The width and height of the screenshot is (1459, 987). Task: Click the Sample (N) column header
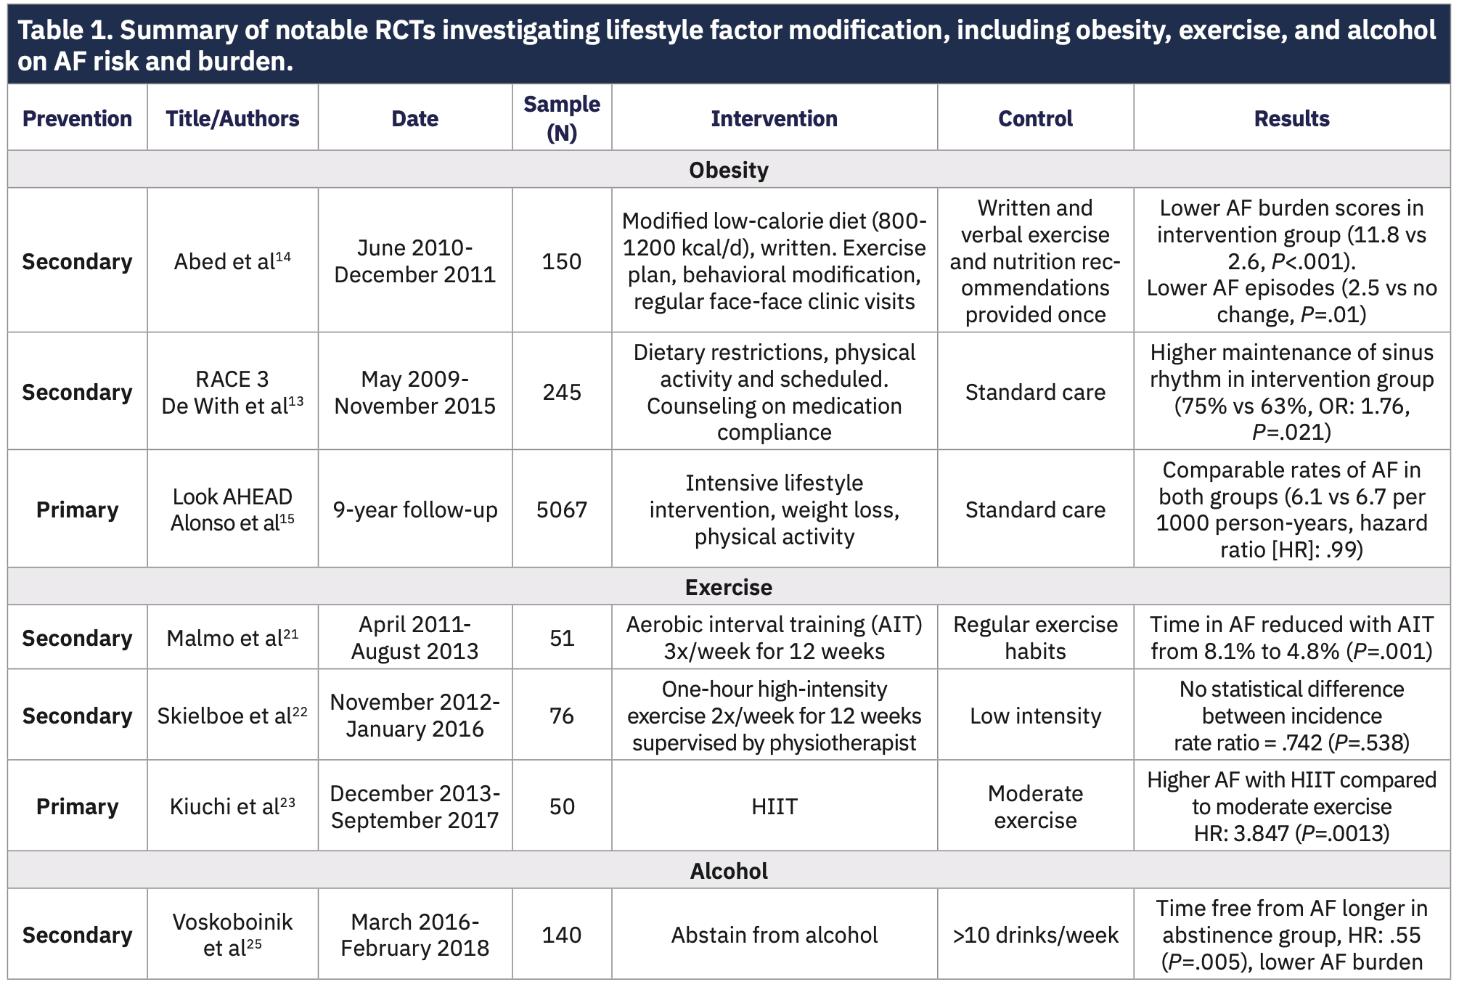click(561, 118)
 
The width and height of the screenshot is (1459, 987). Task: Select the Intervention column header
click(774, 118)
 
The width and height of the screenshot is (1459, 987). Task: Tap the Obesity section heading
click(728, 170)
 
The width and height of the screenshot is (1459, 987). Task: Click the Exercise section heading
click(728, 586)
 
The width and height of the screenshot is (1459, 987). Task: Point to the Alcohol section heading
click(728, 870)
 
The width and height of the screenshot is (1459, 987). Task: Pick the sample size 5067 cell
click(561, 509)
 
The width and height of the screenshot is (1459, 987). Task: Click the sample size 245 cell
click(561, 392)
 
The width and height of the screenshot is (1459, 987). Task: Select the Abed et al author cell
click(232, 261)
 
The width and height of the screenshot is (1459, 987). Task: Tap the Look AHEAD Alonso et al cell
click(232, 509)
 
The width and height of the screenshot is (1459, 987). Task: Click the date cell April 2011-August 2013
click(414, 637)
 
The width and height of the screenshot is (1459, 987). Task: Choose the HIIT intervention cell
click(774, 806)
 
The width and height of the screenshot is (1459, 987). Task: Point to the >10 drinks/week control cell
click(1035, 935)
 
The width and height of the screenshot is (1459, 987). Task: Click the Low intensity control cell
click(1035, 716)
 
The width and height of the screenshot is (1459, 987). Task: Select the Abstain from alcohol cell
click(774, 935)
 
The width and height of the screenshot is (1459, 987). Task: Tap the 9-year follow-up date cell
click(414, 509)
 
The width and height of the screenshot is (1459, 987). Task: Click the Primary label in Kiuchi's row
click(77, 806)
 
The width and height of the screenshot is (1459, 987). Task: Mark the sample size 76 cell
click(561, 716)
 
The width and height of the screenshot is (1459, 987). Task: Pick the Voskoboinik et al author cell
click(232, 935)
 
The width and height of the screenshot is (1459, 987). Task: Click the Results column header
click(1291, 118)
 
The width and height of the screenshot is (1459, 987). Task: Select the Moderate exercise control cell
click(1035, 806)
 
